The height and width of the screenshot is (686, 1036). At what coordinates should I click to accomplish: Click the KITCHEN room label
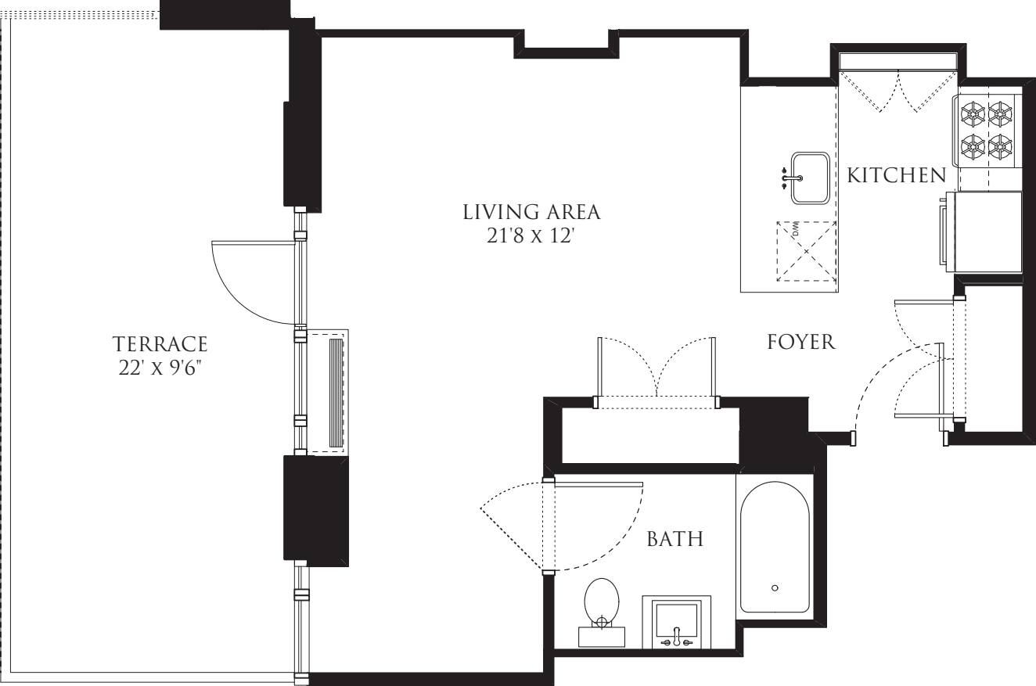pyautogui.click(x=896, y=175)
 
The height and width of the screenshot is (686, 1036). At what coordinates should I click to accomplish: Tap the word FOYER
pyautogui.click(x=801, y=342)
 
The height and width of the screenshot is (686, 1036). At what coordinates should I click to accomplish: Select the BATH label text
pyautogui.click(x=674, y=538)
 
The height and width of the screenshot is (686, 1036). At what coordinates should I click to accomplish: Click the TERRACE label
pyautogui.click(x=160, y=344)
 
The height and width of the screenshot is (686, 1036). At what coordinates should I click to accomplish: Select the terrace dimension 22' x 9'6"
pyautogui.click(x=160, y=367)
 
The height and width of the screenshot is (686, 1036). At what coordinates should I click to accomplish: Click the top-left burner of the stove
pyautogui.click(x=973, y=114)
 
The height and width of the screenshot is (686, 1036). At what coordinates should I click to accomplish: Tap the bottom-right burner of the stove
pyautogui.click(x=1000, y=145)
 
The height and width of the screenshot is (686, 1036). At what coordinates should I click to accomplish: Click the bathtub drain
pyautogui.click(x=775, y=588)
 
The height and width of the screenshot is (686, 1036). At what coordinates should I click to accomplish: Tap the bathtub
pyautogui.click(x=775, y=548)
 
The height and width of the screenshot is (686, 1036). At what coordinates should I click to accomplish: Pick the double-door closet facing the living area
pyautogui.click(x=656, y=372)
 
